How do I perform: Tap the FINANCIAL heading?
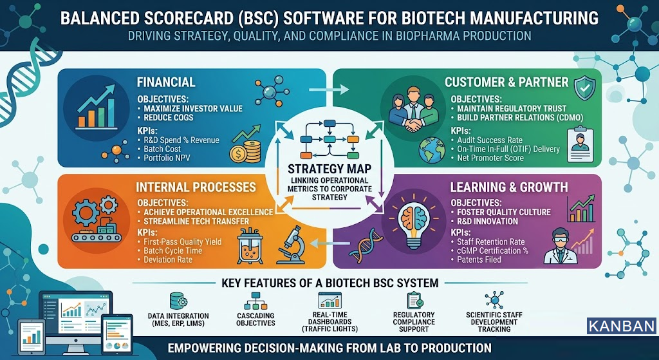pyautogui.click(x=166, y=82)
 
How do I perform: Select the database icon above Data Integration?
pyautogui.click(x=176, y=301)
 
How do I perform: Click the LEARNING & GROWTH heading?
pyautogui.click(x=508, y=187)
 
